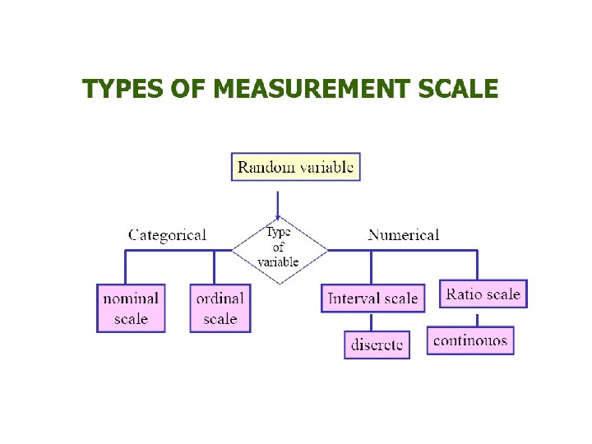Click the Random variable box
(295, 167)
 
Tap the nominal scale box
(131, 308)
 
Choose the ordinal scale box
(220, 308)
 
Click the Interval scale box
(372, 298)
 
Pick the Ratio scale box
(483, 294)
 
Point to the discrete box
(376, 345)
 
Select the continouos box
(470, 340)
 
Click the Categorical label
(167, 235)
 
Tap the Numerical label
(403, 235)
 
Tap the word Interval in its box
(354, 298)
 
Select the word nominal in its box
(131, 298)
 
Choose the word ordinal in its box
(220, 298)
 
